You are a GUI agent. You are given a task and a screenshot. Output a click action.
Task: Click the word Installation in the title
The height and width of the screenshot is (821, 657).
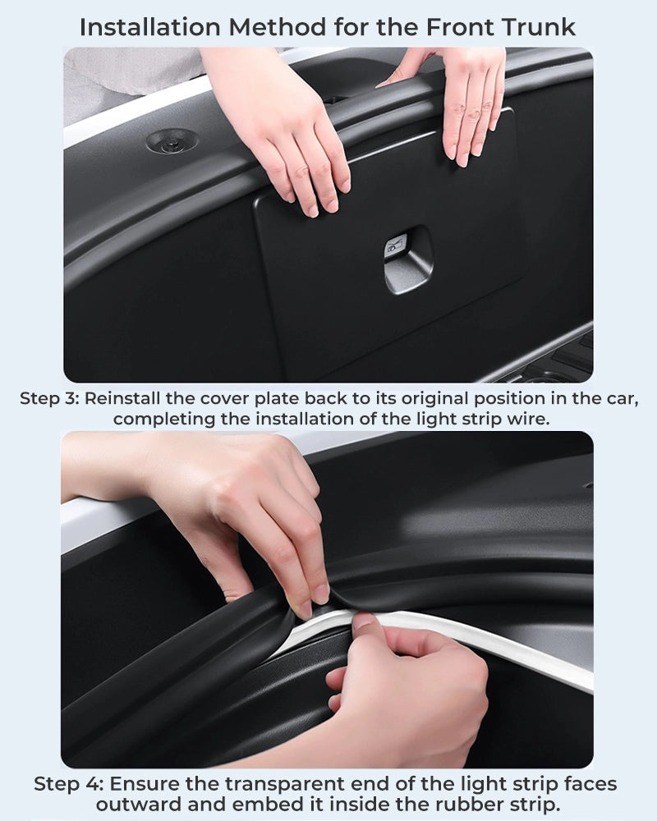pos(150,27)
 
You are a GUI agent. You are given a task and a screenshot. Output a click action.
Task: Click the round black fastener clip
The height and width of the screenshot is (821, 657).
pos(172,141)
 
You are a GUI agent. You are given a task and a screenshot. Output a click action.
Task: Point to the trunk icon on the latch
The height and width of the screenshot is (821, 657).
pos(396,245)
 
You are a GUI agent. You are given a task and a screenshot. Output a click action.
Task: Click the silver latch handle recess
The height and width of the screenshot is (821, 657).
pos(408,260)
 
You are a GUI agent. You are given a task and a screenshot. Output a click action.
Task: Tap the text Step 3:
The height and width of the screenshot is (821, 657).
pos(49,398)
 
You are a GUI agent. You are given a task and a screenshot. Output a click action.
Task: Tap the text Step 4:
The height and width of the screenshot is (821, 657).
pos(69,784)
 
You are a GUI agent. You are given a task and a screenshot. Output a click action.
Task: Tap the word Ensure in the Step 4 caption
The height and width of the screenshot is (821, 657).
pos(144,784)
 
